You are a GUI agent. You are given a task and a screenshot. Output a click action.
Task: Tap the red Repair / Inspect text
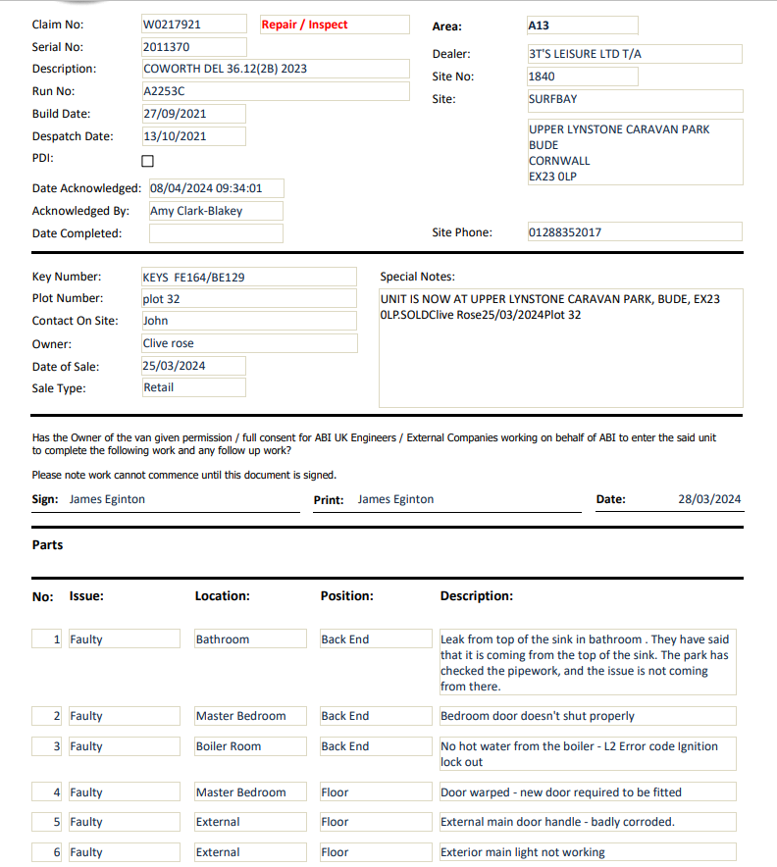(304, 25)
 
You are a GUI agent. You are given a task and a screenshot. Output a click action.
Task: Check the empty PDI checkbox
(148, 161)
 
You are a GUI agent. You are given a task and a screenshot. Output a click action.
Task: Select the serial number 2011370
(166, 47)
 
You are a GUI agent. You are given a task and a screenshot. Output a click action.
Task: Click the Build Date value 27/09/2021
(175, 114)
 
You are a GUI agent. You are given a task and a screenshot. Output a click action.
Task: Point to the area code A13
(539, 25)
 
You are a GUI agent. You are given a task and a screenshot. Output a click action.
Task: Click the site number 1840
(542, 76)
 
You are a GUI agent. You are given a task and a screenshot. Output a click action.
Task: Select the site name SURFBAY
(552, 99)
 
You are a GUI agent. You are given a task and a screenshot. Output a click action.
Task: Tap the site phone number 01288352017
(564, 232)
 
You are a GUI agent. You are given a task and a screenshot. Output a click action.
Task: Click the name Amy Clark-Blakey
(196, 211)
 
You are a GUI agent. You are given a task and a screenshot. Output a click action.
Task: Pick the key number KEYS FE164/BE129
(194, 278)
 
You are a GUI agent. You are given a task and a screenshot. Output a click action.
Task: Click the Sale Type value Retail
(159, 387)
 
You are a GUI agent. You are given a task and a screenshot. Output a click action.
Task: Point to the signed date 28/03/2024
(709, 499)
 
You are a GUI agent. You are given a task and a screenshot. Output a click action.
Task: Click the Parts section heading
(47, 545)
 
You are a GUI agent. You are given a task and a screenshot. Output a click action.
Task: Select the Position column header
(347, 596)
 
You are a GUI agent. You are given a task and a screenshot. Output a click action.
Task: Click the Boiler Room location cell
(229, 746)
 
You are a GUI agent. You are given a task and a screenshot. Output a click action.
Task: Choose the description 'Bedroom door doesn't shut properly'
(538, 716)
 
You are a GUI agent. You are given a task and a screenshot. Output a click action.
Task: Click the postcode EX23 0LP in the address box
(552, 177)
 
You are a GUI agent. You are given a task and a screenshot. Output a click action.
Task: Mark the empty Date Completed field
(216, 233)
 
